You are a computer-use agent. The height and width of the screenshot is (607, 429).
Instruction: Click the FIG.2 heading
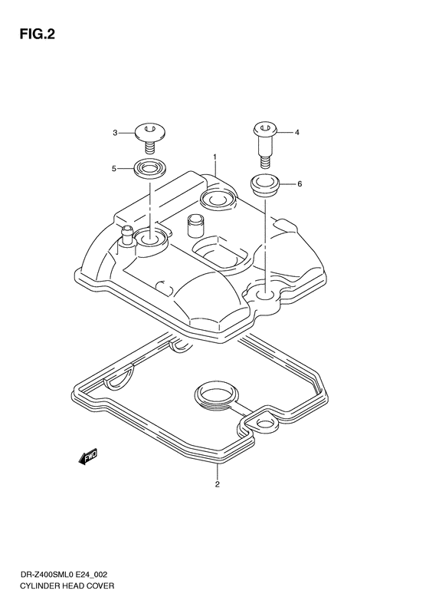[x=37, y=35]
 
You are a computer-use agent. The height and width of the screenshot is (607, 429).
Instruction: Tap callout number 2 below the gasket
[x=218, y=484]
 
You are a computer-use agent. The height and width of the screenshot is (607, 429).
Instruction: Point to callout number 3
[x=115, y=134]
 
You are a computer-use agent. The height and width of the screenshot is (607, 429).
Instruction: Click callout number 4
[x=296, y=133]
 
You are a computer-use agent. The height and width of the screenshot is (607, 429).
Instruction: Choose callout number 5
[x=114, y=169]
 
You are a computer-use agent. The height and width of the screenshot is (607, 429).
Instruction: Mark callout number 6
[x=300, y=184]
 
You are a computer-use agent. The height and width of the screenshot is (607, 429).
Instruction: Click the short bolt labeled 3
[x=150, y=139]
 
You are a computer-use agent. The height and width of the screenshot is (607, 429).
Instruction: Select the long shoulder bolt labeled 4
[x=265, y=145]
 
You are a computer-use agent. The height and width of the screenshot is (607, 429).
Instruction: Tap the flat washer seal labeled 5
[x=150, y=169]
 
